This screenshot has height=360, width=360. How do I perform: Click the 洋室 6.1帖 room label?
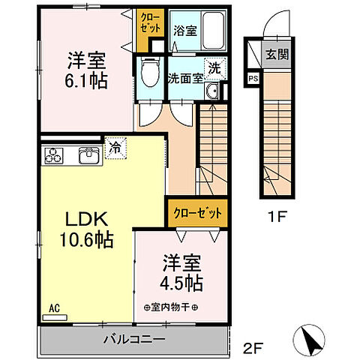pyautogui.click(x=85, y=70)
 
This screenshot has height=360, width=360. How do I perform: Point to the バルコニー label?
pyautogui.click(x=135, y=340)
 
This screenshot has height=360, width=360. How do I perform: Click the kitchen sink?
pyautogui.click(x=89, y=156)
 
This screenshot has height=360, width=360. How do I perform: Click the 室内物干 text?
pyautogui.click(x=170, y=307)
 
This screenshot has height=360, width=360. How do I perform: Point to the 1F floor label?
pyautogui.click(x=277, y=220)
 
